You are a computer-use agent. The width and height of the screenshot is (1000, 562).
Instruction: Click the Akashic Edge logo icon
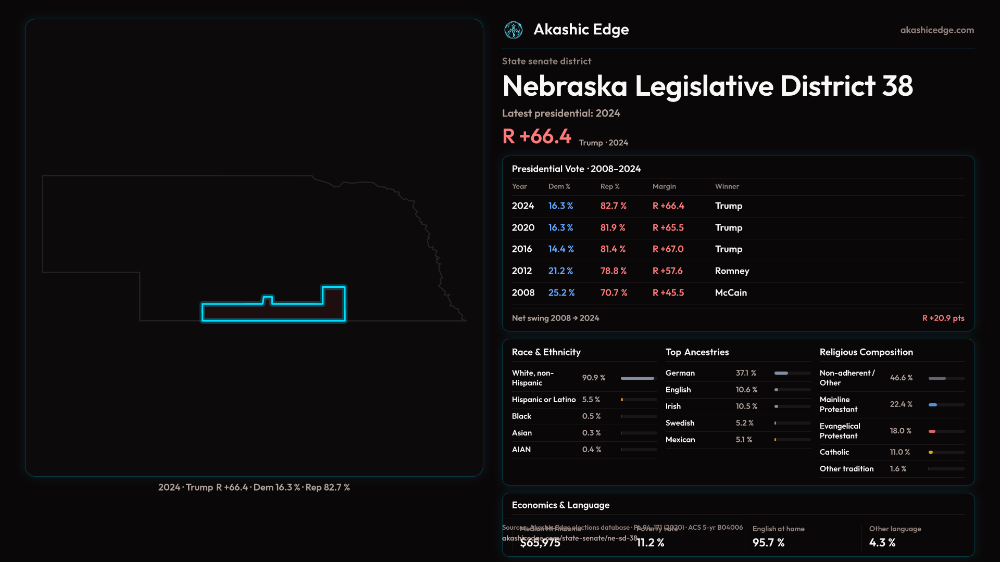pyautogui.click(x=514, y=30)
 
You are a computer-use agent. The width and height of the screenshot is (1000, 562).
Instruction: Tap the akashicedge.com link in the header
pyautogui.click(x=937, y=30)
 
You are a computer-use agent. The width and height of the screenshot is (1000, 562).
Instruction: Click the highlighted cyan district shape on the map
pyautogui.click(x=273, y=312)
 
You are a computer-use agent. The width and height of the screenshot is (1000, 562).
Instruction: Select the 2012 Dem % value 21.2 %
pyautogui.click(x=560, y=271)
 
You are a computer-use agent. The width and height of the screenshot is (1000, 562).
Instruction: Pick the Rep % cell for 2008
pyautogui.click(x=614, y=293)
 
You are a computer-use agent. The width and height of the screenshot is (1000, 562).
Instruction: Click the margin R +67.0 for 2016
pyautogui.click(x=668, y=249)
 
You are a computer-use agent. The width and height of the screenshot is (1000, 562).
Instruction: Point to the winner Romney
pyautogui.click(x=732, y=271)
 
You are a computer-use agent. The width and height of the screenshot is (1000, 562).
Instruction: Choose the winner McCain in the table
pyautogui.click(x=731, y=293)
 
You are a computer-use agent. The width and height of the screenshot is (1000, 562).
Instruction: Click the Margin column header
pyautogui.click(x=664, y=186)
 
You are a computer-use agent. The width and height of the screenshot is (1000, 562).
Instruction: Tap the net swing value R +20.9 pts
pyautogui.click(x=943, y=318)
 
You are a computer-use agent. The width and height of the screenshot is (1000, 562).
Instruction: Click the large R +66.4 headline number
pyautogui.click(x=536, y=136)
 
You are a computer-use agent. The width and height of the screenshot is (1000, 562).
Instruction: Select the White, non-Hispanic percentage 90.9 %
pyautogui.click(x=593, y=378)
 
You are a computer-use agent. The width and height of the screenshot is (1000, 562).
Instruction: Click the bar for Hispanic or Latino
pyautogui.click(x=639, y=400)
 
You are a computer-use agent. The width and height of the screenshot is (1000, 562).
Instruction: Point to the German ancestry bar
pyautogui.click(x=792, y=373)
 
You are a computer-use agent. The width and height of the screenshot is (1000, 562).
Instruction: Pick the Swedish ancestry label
pyautogui.click(x=680, y=423)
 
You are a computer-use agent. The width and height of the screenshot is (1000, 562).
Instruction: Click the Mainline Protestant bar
pyautogui.click(x=946, y=404)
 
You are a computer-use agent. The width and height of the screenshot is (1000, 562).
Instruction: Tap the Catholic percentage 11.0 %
pyautogui.click(x=899, y=452)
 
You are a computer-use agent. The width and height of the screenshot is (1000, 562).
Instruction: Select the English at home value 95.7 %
pyautogui.click(x=768, y=543)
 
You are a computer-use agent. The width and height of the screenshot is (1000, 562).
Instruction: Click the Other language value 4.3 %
pyautogui.click(x=882, y=543)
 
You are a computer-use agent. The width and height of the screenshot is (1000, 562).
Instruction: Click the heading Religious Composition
pyautogui.click(x=866, y=352)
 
